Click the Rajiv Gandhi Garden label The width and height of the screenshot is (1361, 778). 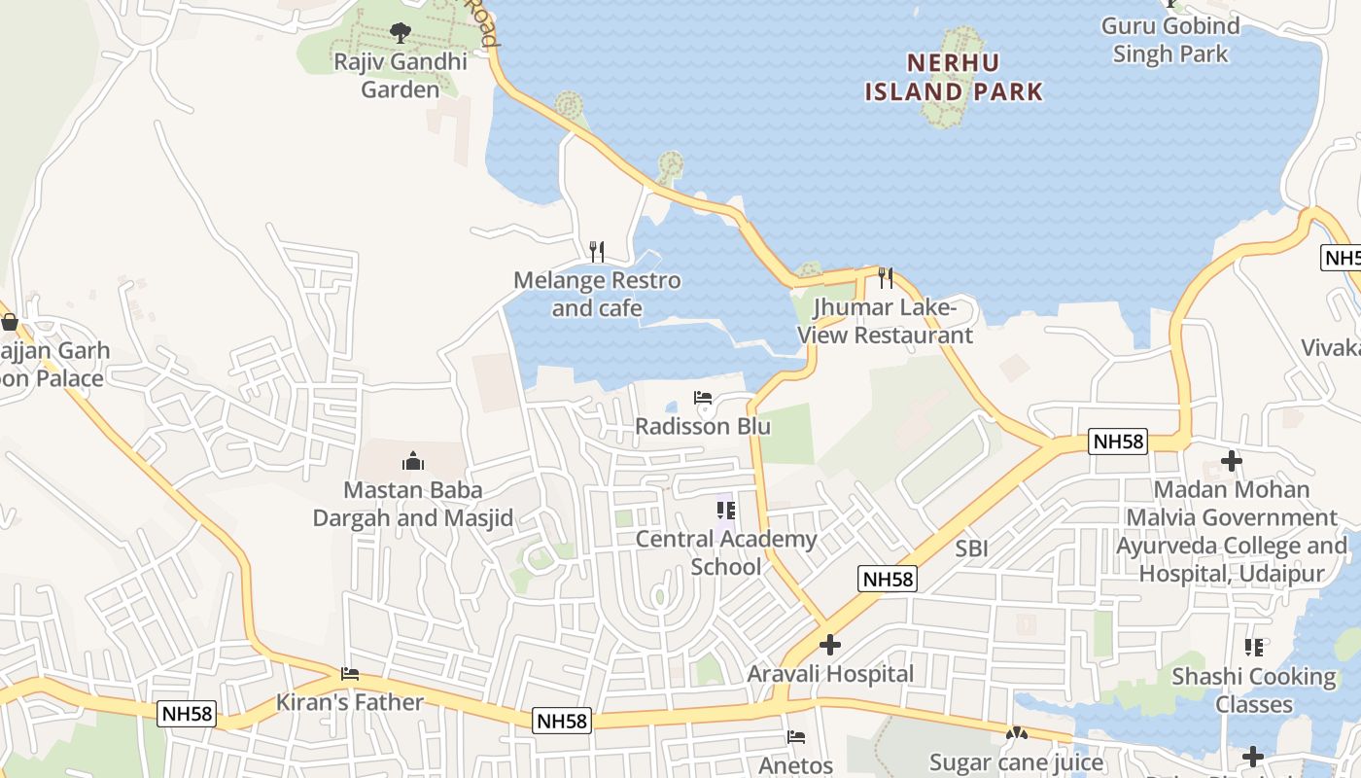[401, 76]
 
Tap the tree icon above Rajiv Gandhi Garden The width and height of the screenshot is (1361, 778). [400, 34]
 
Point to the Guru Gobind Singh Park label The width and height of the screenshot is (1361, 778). [1170, 40]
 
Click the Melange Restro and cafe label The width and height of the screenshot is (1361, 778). [597, 295]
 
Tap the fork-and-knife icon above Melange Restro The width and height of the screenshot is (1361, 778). [597, 252]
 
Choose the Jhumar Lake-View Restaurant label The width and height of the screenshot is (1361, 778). [885, 322]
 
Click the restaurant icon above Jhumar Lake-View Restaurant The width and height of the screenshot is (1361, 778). [885, 278]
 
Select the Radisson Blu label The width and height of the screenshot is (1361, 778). [703, 427]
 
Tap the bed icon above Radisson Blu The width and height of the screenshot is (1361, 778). [703, 398]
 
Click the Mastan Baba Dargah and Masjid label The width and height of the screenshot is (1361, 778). [412, 504]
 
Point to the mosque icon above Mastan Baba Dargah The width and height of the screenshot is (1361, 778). [412, 461]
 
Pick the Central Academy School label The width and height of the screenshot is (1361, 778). [726, 552]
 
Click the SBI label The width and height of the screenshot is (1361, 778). [971, 548]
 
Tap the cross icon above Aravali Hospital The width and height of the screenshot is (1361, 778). [830, 645]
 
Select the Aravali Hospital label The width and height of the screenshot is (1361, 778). [830, 674]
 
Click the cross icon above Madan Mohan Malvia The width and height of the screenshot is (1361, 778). [1232, 460]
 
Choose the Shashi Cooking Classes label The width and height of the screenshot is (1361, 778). [1254, 690]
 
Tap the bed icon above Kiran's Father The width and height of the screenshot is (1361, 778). [350, 674]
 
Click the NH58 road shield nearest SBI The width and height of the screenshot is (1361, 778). [889, 580]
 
